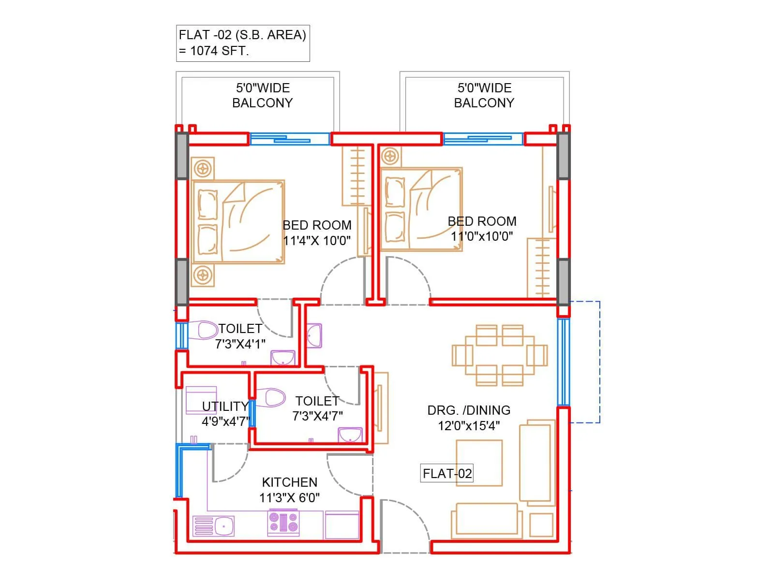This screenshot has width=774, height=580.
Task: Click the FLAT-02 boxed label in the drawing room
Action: click(447, 473)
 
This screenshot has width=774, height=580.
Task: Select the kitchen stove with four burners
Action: click(283, 523)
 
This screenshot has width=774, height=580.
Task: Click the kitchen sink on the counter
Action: click(214, 526)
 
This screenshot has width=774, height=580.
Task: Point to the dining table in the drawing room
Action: click(500, 355)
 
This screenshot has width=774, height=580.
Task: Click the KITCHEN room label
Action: click(289, 482)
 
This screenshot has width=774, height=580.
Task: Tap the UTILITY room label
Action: click(225, 406)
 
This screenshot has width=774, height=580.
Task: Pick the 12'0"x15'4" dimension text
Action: click(469, 426)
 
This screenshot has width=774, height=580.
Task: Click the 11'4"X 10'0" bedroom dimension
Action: click(317, 241)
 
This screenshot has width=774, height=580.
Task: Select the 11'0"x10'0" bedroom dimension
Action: click(482, 236)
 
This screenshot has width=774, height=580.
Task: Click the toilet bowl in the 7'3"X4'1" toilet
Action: click(207, 331)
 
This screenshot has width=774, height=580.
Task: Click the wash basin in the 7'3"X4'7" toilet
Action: click(350, 435)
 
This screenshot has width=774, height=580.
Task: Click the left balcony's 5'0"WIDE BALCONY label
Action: click(262, 95)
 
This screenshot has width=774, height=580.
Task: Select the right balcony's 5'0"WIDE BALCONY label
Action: click(484, 95)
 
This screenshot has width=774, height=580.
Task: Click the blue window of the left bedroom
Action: click(289, 139)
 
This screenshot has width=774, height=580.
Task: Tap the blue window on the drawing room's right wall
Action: click(563, 362)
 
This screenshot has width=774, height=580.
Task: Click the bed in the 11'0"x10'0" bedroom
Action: click(421, 209)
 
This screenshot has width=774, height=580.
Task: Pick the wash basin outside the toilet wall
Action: click(314, 335)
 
